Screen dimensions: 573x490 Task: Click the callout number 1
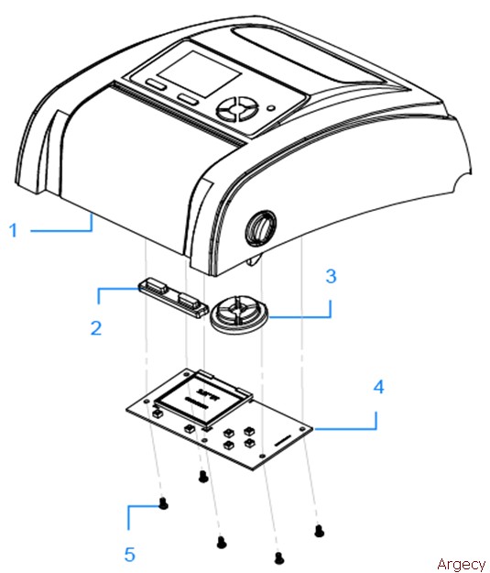pyautogui.click(x=14, y=230)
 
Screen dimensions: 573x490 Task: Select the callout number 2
pyautogui.click(x=96, y=325)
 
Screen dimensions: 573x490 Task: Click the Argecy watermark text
pyautogui.click(x=461, y=563)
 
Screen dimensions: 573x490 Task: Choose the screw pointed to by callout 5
pyautogui.click(x=162, y=502)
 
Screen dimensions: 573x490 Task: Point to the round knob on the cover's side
pyautogui.click(x=261, y=225)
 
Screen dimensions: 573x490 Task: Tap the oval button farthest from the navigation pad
pyautogui.click(x=154, y=84)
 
